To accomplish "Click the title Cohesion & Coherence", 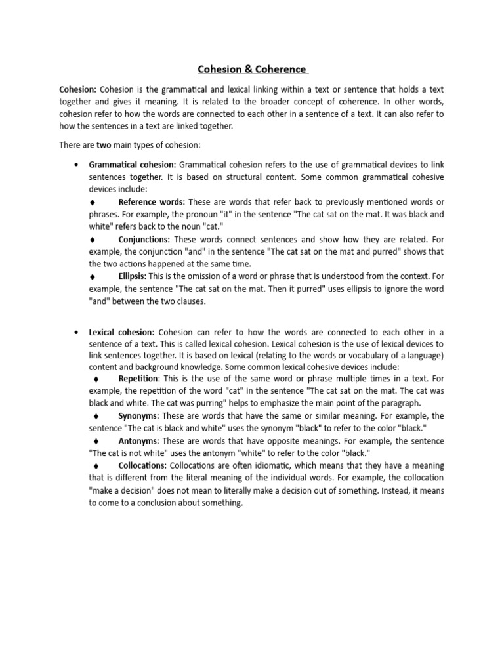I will pos(252,68).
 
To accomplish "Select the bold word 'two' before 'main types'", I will pos(103,145).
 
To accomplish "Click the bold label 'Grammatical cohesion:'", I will pos(133,163).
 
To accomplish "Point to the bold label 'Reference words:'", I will pos(152,201).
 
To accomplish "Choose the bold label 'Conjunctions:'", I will pos(144,239).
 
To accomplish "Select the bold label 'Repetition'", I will pos(138,379).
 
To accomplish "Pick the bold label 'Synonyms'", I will pos(138,416).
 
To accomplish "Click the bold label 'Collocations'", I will pos(141,465).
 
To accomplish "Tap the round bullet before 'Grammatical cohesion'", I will pos(77,164).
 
